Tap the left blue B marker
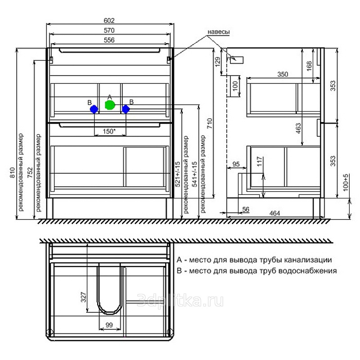[x=94, y=109]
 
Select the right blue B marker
[x=126, y=109]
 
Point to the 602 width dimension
[x=110, y=21]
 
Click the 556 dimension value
[x=110, y=40]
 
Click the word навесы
[x=219, y=32]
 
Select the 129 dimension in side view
[x=218, y=63]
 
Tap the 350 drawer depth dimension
[x=282, y=74]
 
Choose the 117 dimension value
[x=259, y=162]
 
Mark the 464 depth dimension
[x=274, y=213]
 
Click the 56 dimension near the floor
[x=246, y=209]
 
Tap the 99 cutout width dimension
[x=109, y=325]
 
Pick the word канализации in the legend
[x=307, y=260]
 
